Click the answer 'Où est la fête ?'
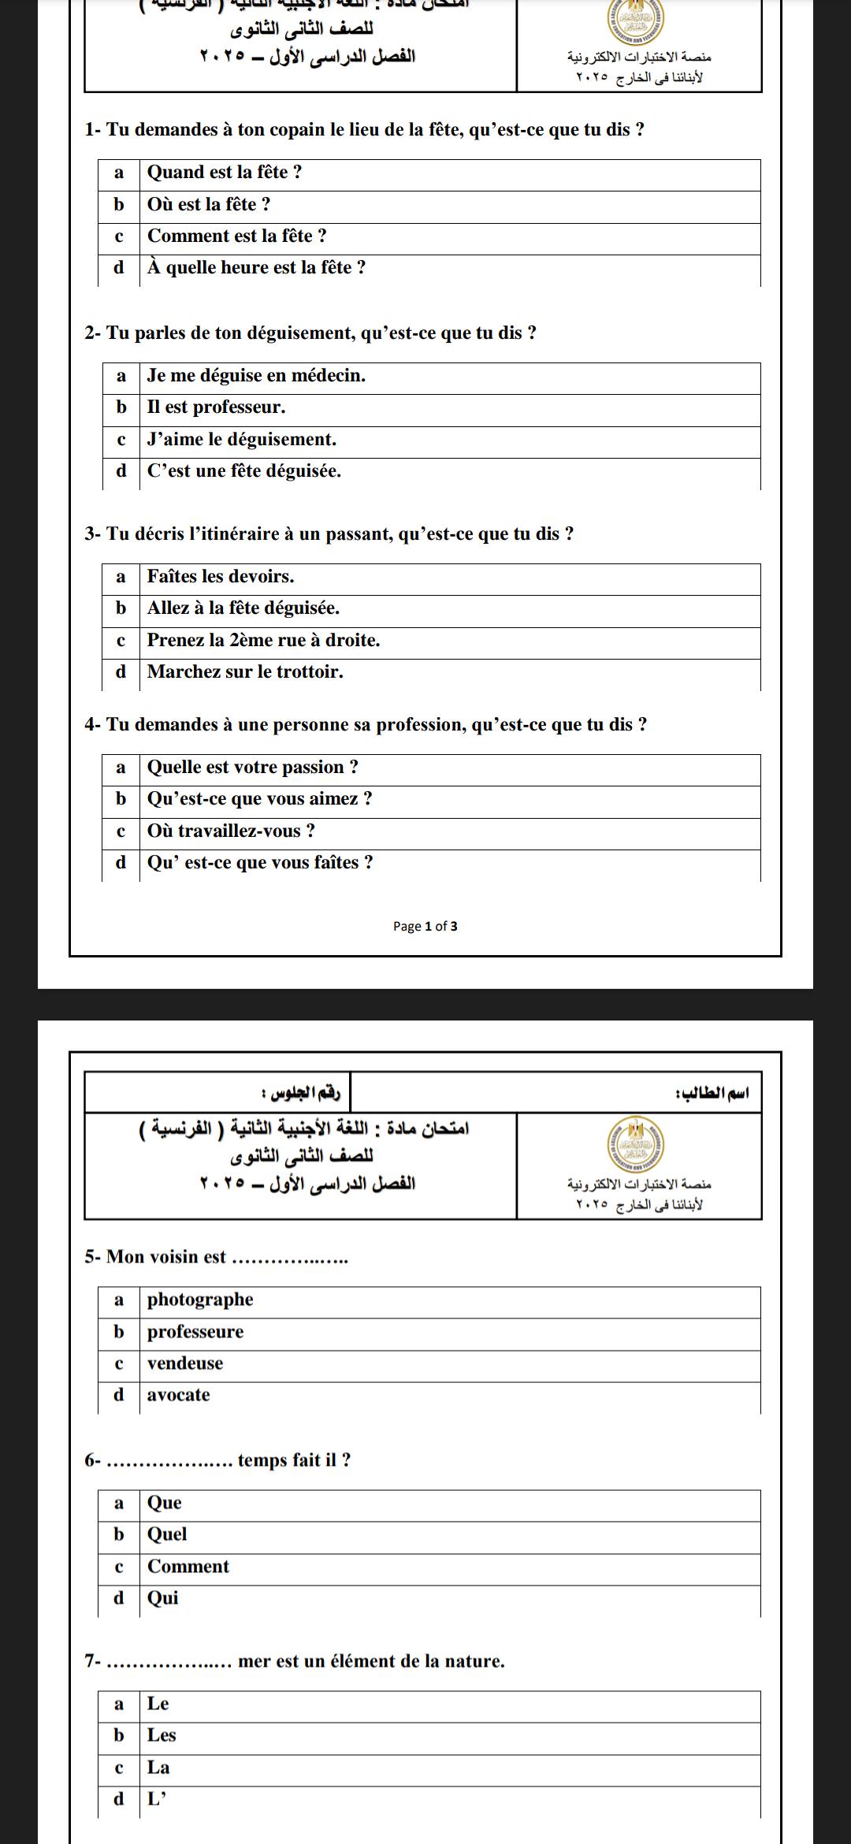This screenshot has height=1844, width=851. [209, 205]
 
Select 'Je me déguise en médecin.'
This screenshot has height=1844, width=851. [256, 376]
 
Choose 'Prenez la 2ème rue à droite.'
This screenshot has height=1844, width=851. [263, 641]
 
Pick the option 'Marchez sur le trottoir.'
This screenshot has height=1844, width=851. [245, 672]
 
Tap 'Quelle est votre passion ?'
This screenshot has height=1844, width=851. [253, 768]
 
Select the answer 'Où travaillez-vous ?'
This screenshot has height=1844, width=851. [231, 831]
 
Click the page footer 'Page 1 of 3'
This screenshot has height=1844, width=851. [425, 927]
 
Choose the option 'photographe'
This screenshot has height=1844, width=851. [200, 1299]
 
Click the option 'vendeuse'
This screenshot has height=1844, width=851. [185, 1363]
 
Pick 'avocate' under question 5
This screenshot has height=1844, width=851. [179, 1395]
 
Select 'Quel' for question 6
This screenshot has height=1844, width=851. [167, 1534]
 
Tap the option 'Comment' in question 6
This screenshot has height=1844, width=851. [188, 1567]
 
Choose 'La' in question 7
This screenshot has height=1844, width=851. [158, 1768]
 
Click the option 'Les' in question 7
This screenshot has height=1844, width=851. [162, 1735]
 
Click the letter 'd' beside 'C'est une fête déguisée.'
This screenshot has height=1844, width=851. [121, 471]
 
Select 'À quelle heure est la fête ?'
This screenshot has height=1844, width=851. [256, 268]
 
